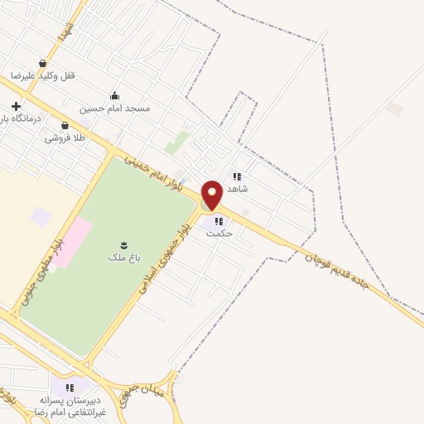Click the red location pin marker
pos(212,195)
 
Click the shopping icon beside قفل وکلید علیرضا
pos(42,63)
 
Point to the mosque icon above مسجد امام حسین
pos(114,95)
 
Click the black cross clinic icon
pos(17,107)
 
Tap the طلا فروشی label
pos(66,138)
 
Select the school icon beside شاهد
pos(238,176)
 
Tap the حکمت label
pos(220,234)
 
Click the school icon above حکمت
pos(219,221)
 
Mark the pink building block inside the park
pos(72,237)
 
